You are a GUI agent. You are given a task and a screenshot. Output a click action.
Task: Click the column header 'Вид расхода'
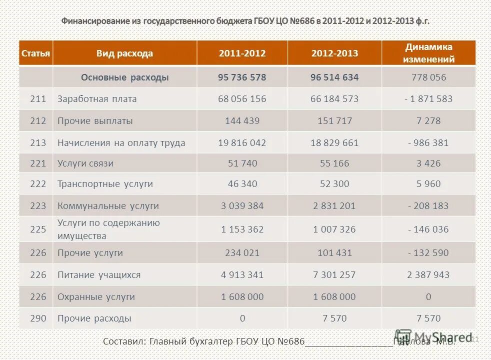pos(124,53)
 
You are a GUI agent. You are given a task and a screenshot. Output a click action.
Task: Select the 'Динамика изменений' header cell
pos(429,53)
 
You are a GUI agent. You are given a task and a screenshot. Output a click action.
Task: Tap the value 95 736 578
pos(242,77)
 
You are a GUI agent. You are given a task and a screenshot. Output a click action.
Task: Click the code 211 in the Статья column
pos(38,99)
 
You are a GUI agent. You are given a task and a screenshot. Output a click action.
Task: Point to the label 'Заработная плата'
pos(97,99)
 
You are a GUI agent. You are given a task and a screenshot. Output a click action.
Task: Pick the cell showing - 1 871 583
pos(428,99)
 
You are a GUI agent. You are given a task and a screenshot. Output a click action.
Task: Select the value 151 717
pos(334,121)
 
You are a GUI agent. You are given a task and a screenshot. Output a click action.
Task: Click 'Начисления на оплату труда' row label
pos(121,143)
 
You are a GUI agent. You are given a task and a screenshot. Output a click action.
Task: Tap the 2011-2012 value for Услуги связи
pos(242,163)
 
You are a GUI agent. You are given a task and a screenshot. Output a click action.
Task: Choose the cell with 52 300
pos(334,184)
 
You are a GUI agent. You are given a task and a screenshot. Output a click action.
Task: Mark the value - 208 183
pos(428,206)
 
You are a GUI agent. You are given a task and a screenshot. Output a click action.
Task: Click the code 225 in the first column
pos(38,229)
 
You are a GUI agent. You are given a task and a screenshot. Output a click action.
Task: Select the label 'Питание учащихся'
pos(99,275)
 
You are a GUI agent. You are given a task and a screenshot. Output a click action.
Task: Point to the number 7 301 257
pos(334,275)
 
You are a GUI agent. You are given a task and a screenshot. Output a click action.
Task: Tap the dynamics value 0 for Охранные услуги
pos(428,297)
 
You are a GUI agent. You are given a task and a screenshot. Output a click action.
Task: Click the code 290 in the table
pos(38,318)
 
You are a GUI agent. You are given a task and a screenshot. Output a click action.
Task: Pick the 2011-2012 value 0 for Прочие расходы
pos(242,318)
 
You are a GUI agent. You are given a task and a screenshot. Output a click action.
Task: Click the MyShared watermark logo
pos(433,337)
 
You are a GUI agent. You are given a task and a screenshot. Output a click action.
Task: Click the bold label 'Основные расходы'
pos(125,77)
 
